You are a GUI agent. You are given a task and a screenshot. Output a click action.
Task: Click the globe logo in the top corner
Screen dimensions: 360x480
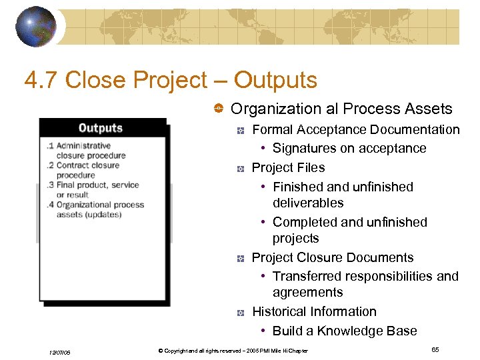point(35,26)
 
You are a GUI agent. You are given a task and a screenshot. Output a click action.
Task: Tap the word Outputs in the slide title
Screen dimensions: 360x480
point(275,80)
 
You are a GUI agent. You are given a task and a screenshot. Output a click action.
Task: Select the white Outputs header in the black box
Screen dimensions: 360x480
point(101,128)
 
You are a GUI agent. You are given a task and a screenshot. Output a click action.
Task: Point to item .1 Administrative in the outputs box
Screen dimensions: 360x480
point(79,145)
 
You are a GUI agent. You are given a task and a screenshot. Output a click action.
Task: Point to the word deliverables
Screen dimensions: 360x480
point(308,203)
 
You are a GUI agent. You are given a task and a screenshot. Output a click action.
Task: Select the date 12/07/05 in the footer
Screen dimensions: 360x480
point(60,351)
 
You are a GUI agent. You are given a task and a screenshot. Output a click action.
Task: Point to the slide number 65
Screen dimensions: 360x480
point(435,349)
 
